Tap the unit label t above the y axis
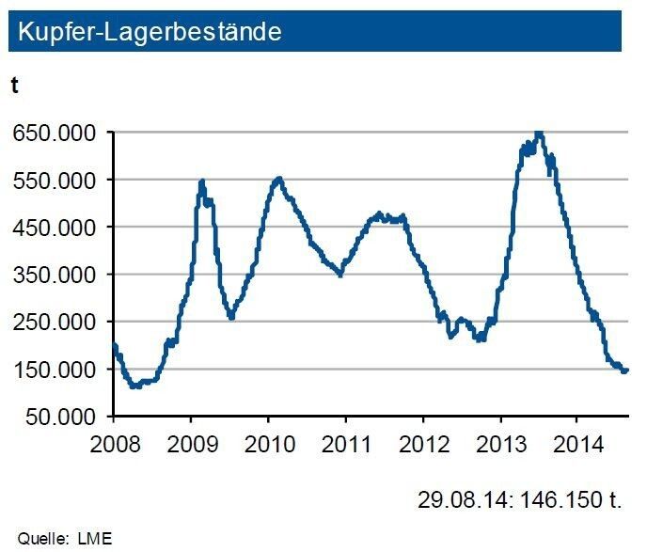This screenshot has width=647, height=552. [15, 85]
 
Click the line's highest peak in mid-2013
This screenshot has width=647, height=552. [538, 134]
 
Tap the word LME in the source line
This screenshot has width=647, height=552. [97, 539]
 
